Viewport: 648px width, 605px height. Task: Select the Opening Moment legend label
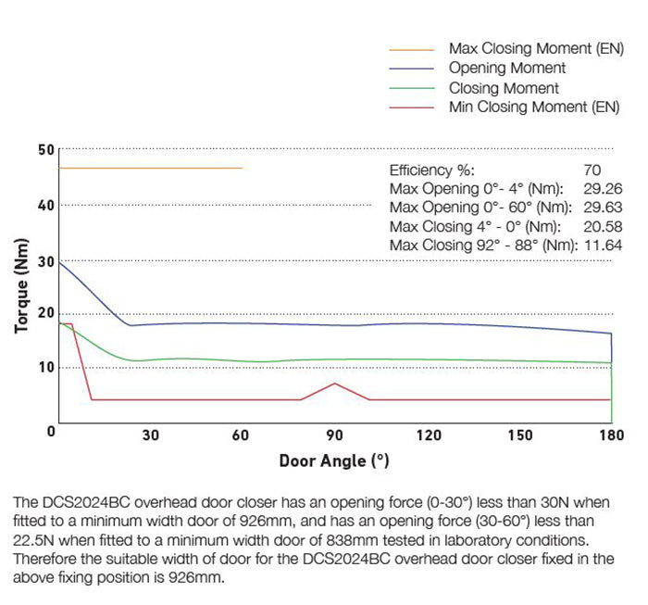[506, 69]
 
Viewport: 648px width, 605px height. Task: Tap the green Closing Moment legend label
[504, 88]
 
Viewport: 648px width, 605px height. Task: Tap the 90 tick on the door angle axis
[335, 435]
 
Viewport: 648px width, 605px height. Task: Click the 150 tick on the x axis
[520, 435]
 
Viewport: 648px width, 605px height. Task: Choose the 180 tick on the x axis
[611, 435]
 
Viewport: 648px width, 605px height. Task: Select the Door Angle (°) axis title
[334, 460]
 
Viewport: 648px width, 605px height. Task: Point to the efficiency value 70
[592, 170]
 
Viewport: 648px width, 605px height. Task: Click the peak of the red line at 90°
[335, 383]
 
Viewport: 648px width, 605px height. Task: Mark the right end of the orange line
[243, 168]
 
